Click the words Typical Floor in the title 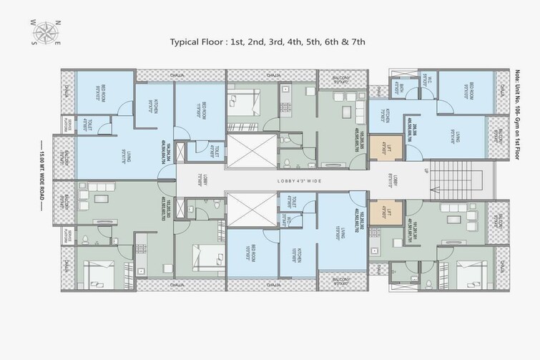[198, 42]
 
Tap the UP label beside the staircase [428, 171]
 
